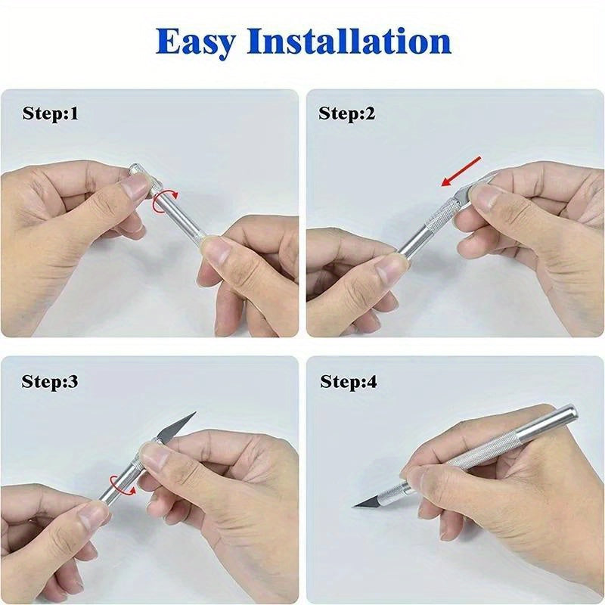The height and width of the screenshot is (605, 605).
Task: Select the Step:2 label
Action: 347,114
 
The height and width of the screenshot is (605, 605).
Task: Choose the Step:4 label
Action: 349,382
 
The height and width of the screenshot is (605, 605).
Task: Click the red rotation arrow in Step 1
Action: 163,202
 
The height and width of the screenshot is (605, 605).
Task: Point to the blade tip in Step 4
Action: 355,504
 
